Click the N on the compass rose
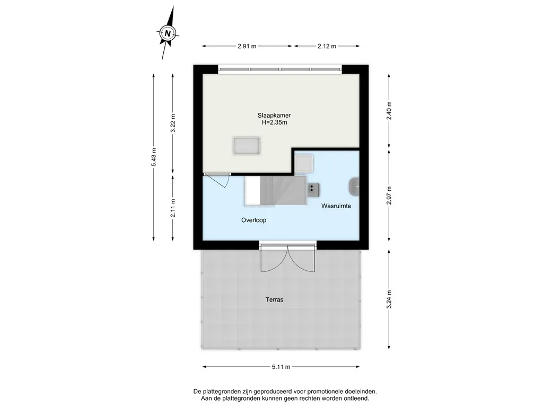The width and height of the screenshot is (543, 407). point(168,33)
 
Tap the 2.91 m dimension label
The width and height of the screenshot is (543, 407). point(247,46)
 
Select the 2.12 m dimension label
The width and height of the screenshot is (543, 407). point(327,46)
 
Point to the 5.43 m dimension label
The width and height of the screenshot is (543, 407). point(154,157)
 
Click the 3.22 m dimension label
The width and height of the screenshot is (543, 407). point(173,123)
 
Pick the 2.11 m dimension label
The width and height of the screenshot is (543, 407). point(173,208)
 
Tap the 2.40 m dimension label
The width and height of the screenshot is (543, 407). point(389,110)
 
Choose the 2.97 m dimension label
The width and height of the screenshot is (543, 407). point(389,196)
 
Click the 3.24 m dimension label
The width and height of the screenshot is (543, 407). point(389,299)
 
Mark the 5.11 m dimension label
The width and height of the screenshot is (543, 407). point(281,367)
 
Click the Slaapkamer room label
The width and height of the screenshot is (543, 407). point(274,116)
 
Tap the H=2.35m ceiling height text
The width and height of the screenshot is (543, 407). point(274,122)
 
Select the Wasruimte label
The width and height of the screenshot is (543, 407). point(336,206)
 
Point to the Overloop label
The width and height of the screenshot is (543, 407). point(254,220)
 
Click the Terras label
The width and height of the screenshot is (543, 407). point(274,300)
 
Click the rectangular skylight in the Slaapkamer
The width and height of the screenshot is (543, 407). point(247,146)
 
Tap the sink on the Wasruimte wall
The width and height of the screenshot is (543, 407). point(354,187)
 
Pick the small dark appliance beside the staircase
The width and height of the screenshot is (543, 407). point(313,189)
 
